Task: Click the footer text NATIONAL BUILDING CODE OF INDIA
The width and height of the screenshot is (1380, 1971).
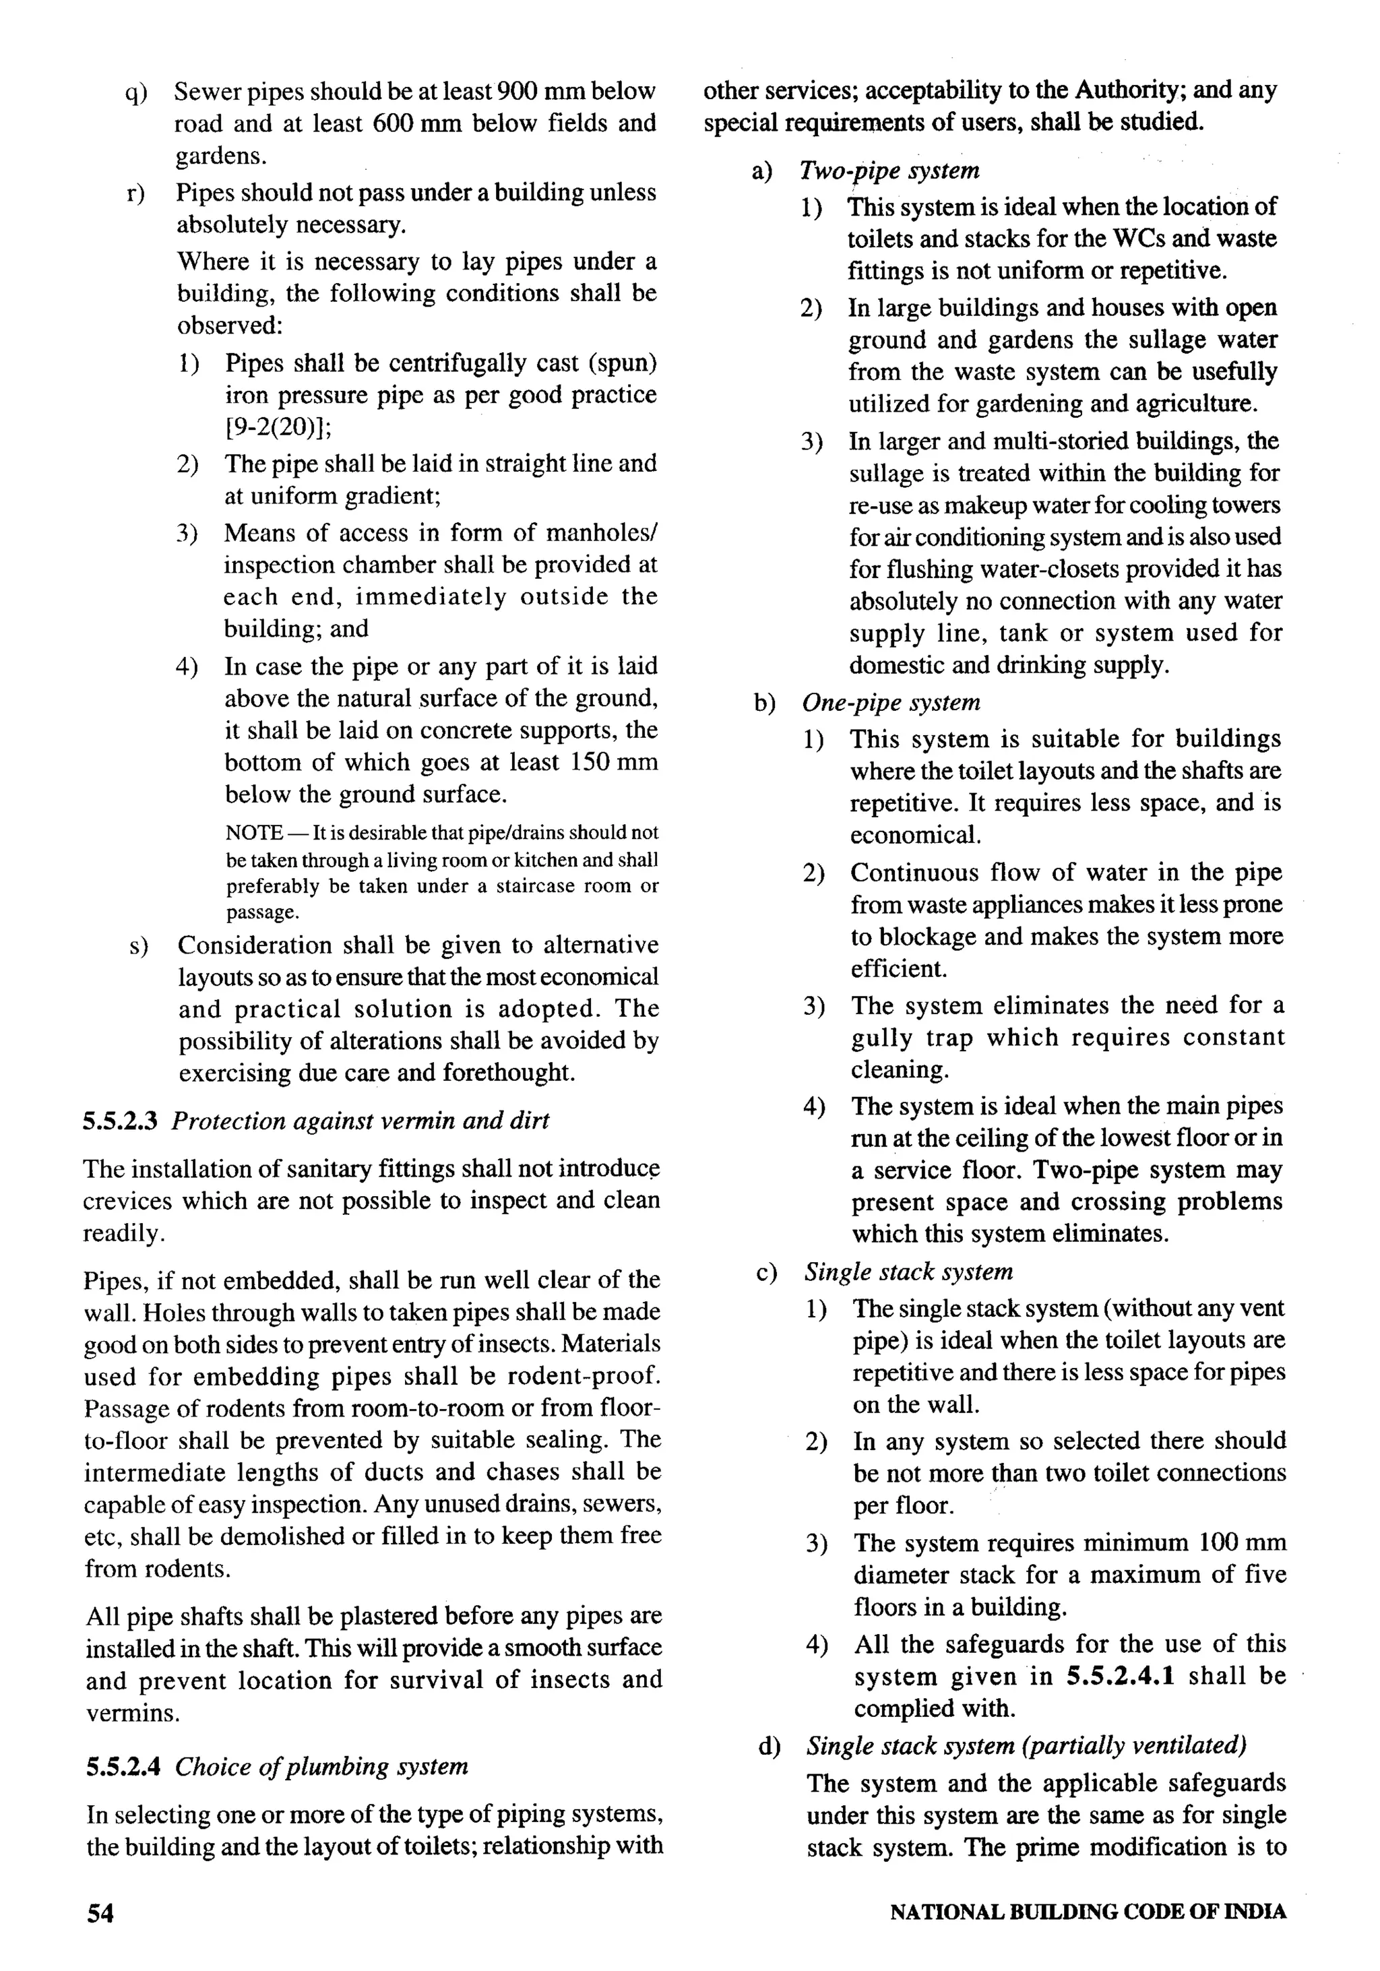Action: [x=1088, y=1912]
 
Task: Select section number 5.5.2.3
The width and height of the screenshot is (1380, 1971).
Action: [x=120, y=1121]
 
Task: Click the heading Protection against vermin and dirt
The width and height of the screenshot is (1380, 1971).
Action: [x=360, y=1121]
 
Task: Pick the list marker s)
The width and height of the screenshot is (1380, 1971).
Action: [x=138, y=946]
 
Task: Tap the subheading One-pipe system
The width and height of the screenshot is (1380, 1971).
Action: [x=891, y=702]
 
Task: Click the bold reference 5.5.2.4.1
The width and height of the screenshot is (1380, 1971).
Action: [x=1121, y=1676]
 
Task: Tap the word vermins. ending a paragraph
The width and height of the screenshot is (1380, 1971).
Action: [x=133, y=1714]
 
